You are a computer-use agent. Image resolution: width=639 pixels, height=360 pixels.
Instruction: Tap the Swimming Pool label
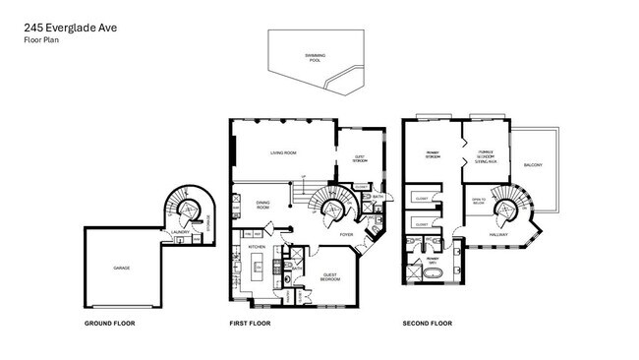pos(315,58)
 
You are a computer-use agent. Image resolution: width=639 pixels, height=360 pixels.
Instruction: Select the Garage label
pos(121,268)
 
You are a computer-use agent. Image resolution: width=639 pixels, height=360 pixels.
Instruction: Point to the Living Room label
pos(284,153)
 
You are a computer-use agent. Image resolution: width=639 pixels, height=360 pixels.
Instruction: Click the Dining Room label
pos(262,206)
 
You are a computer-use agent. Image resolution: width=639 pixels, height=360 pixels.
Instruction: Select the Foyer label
pos(346,235)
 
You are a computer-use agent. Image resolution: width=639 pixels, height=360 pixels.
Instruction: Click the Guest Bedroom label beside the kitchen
pos(330,278)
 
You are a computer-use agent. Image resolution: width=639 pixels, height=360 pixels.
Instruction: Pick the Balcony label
pos(533,164)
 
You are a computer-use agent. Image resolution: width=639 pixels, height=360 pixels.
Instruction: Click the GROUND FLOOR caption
pos(109,323)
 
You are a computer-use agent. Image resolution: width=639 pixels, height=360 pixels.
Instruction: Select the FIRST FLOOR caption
pos(252,323)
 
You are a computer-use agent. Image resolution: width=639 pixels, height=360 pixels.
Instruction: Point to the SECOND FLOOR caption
pos(427,323)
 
